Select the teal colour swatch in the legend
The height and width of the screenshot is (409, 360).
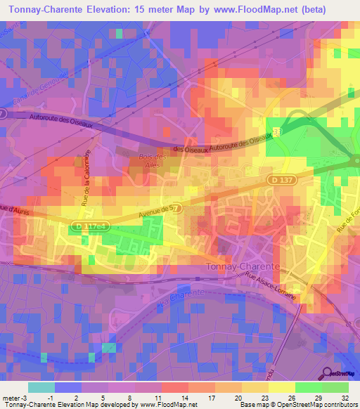pos(41,387)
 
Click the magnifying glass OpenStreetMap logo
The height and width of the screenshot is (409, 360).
pos(327,372)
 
